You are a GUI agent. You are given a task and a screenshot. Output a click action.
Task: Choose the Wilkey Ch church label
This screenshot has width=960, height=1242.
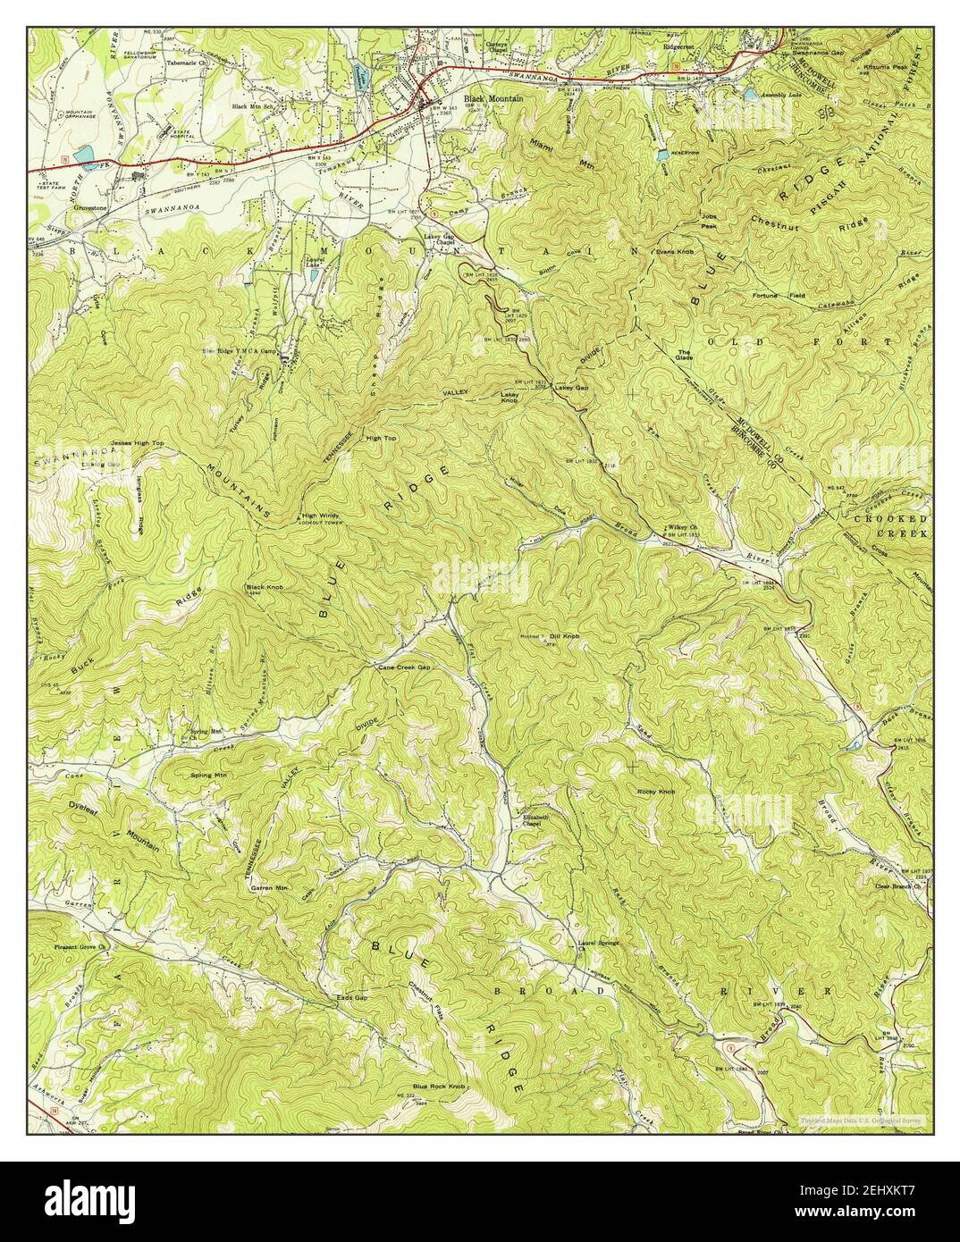pyautogui.click(x=675, y=528)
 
